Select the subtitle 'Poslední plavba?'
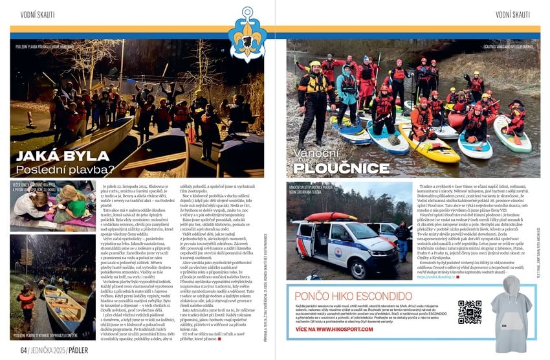point(65,170)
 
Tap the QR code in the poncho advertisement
point(469,312)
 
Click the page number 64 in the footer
point(23,350)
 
